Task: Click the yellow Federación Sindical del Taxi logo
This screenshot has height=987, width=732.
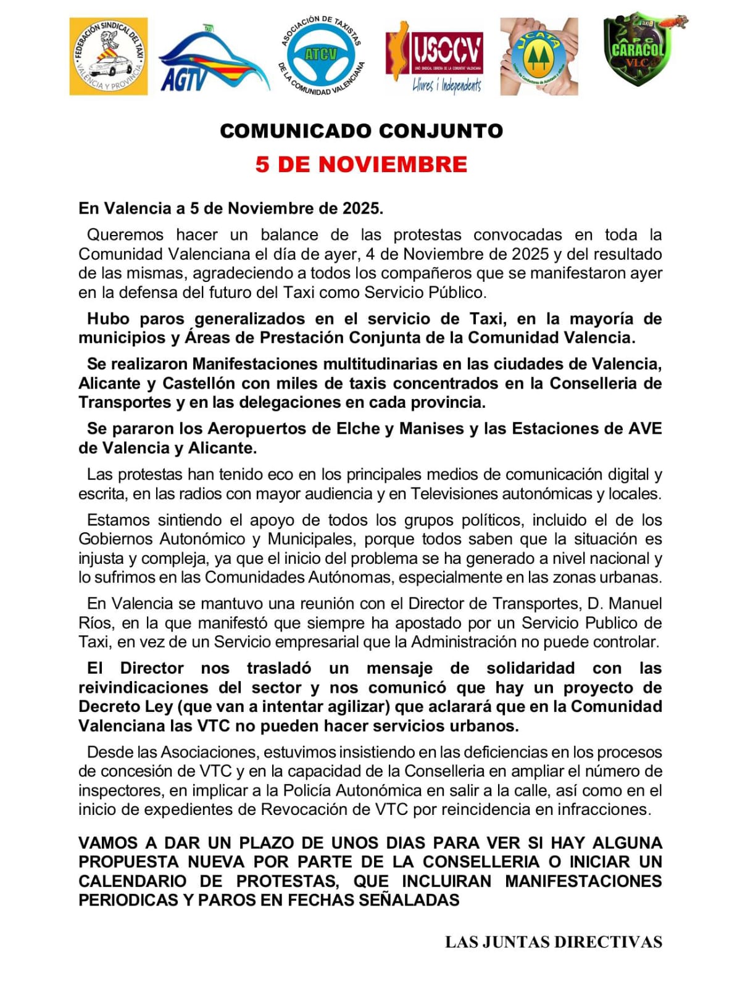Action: click(x=108, y=56)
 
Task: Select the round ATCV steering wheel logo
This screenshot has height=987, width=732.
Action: click(x=321, y=56)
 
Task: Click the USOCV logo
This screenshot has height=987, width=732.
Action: click(x=434, y=57)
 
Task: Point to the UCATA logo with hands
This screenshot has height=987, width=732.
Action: click(x=539, y=56)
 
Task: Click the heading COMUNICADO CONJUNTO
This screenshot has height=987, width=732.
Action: click(x=362, y=131)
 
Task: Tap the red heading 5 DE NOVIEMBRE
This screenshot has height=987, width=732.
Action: click(x=362, y=164)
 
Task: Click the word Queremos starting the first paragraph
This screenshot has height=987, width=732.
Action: click(x=125, y=234)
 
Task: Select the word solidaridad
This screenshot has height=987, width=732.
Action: click(x=530, y=668)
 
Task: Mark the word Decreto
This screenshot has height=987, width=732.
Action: click(x=109, y=706)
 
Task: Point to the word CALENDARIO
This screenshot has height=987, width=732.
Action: click(x=132, y=881)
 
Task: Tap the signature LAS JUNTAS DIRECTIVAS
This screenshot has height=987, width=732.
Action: click(x=553, y=942)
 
